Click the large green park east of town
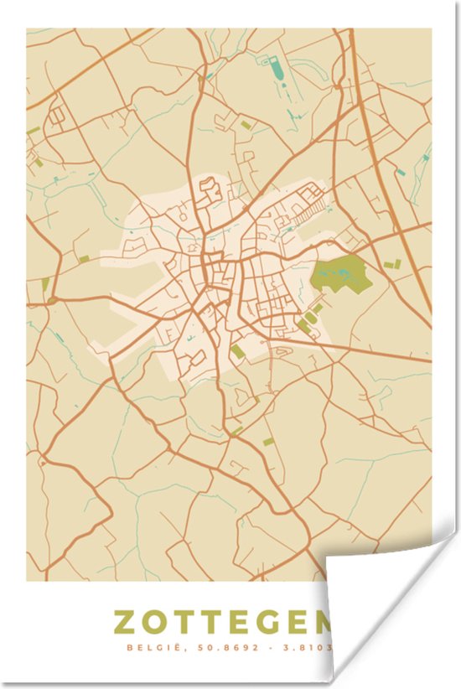341,274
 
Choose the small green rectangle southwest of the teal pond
246,125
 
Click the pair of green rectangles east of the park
391,265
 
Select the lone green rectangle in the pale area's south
239,351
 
